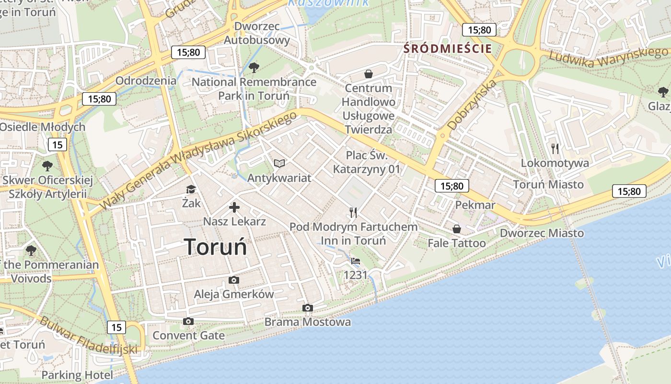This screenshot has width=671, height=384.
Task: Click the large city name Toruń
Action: click(x=216, y=247)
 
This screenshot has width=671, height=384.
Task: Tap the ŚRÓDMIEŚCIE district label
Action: click(x=448, y=48)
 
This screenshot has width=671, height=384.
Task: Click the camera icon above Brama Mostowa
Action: click(x=308, y=308)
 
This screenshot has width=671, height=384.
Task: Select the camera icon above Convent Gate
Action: click(x=188, y=321)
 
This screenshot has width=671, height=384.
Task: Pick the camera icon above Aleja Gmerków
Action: click(x=234, y=280)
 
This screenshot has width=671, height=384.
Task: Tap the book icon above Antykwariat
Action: click(x=279, y=164)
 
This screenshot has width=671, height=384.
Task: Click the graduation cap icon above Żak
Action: click(x=191, y=190)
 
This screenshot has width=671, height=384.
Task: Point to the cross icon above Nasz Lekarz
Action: click(x=234, y=207)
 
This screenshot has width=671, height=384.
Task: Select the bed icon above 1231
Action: click(x=356, y=261)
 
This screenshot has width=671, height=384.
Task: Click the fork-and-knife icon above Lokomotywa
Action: click(x=555, y=149)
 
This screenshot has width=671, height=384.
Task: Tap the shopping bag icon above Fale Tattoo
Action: click(x=457, y=229)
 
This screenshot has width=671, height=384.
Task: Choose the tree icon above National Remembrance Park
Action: click(x=254, y=67)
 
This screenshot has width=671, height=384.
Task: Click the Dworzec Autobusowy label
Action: click(x=257, y=33)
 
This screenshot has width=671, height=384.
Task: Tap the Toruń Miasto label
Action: click(x=548, y=184)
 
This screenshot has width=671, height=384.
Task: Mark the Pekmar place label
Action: click(x=475, y=205)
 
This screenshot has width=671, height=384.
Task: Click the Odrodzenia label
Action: click(x=146, y=80)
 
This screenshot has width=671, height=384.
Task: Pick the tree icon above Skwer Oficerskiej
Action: click(x=47, y=166)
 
